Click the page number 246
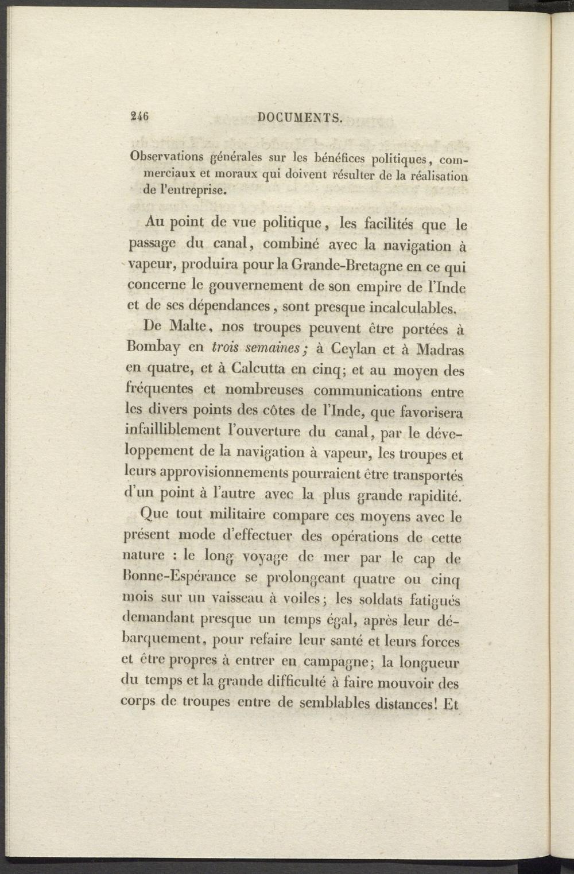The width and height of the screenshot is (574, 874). click(139, 117)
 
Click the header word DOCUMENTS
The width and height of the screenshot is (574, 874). click(300, 118)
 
